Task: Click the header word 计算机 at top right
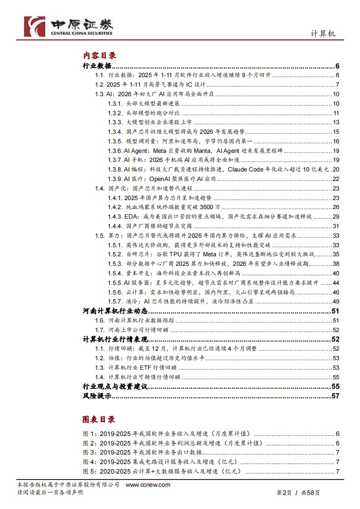click(x=323, y=34)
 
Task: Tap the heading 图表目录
click(x=99, y=419)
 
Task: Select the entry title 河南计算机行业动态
click(x=116, y=311)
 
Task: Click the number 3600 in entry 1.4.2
click(x=202, y=207)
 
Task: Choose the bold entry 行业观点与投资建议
click(x=116, y=387)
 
